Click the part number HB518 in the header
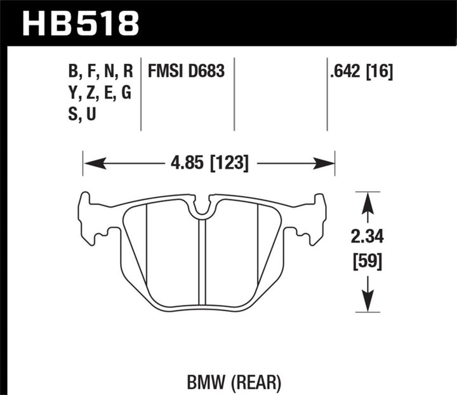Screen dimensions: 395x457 click(x=81, y=23)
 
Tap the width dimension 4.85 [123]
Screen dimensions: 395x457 click(x=209, y=164)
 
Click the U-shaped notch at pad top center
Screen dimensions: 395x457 click(x=203, y=208)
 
